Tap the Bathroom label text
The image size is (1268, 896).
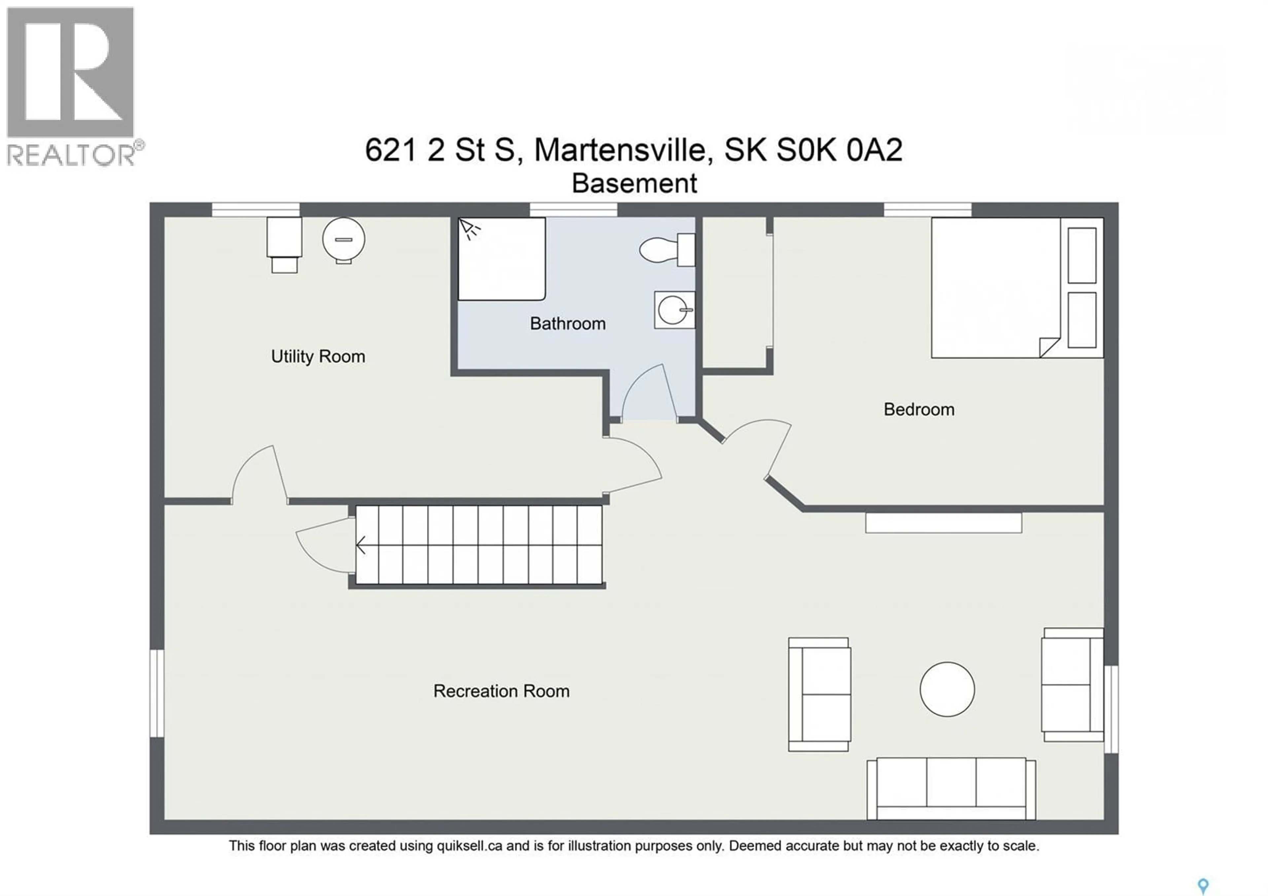[567, 324]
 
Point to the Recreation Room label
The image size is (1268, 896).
[501, 691]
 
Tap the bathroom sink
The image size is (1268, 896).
[674, 310]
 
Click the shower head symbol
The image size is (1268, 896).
[470, 229]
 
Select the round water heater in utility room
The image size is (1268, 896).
[343, 239]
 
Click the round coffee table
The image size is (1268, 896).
[947, 690]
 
